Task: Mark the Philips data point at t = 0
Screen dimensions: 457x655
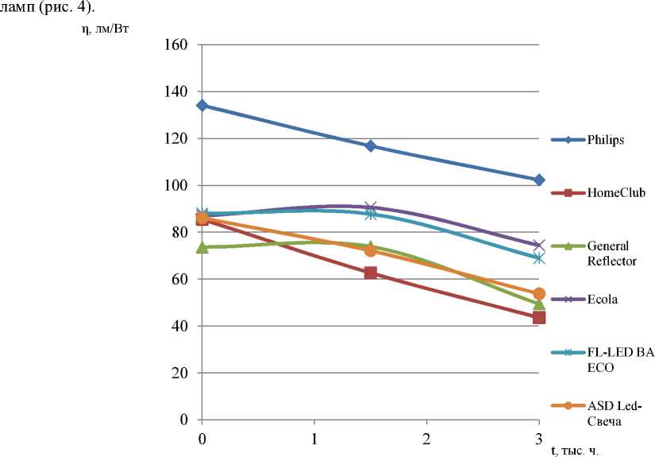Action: pyautogui.click(x=202, y=105)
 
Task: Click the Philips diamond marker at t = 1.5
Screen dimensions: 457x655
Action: pyautogui.click(x=370, y=146)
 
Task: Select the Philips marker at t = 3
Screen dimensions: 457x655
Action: pyautogui.click(x=539, y=180)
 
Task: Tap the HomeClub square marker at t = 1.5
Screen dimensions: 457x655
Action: pyautogui.click(x=370, y=273)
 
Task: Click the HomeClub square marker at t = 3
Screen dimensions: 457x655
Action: pyautogui.click(x=539, y=318)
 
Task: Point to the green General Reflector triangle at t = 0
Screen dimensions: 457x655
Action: pyautogui.click(x=202, y=247)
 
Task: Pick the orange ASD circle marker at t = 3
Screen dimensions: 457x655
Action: pyautogui.click(x=539, y=294)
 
